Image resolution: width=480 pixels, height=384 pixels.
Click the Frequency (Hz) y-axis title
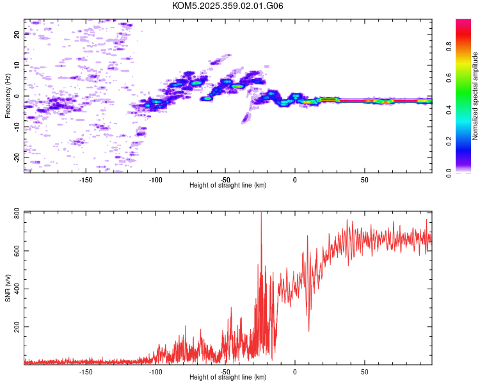click(x=8, y=95)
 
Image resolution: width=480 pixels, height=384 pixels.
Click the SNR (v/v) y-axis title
click(x=8, y=288)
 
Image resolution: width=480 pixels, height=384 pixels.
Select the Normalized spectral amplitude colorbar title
click(x=476, y=96)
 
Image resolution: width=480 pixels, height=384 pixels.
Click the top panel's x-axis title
click(x=228, y=185)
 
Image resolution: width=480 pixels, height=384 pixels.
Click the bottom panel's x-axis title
click(x=228, y=377)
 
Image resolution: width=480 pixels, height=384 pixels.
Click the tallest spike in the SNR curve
click(x=261, y=214)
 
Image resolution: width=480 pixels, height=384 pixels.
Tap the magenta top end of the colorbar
click(x=463, y=22)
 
